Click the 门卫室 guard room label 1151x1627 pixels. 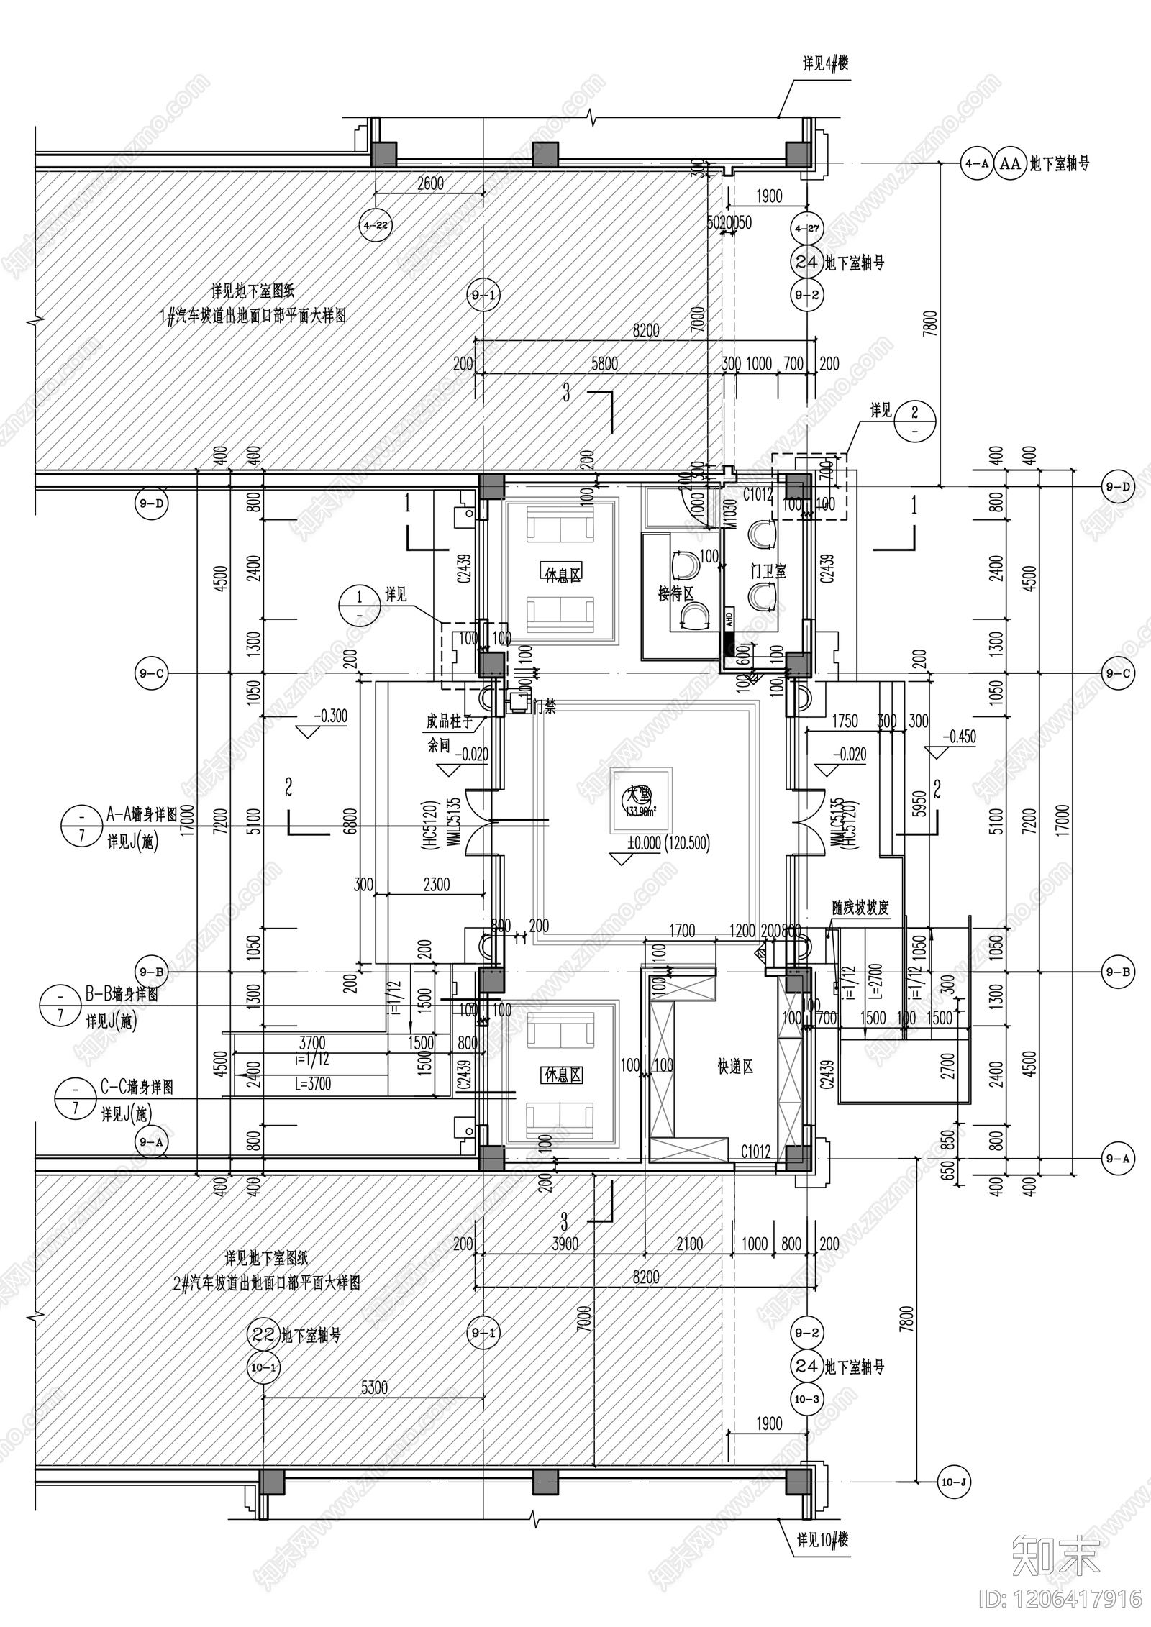tap(768, 572)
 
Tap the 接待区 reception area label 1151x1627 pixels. tap(675, 594)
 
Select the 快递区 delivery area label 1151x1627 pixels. tap(734, 1067)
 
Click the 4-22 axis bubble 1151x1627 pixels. tap(376, 225)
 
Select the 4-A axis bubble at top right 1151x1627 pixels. tap(976, 164)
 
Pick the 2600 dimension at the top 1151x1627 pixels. tap(430, 183)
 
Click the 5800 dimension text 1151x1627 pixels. tap(604, 364)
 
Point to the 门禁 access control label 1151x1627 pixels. tap(545, 707)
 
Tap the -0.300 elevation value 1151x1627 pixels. tap(330, 716)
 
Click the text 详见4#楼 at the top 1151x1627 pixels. tap(825, 64)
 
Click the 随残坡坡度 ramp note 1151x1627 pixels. tap(860, 908)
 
